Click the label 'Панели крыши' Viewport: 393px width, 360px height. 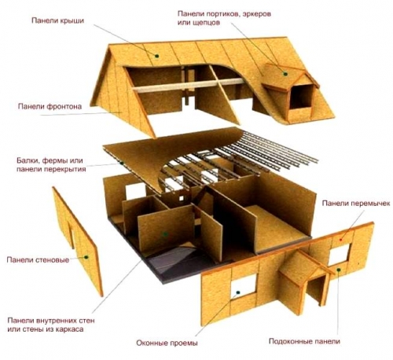57,20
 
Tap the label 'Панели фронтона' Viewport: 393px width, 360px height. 50,106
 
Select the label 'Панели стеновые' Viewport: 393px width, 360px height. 38,260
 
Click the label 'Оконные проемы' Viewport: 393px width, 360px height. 167,343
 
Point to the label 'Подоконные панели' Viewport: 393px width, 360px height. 304,341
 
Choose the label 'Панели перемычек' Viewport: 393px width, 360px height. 356,204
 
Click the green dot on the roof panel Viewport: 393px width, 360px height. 157,56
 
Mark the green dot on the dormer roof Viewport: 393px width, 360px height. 285,74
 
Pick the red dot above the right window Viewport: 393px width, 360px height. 341,240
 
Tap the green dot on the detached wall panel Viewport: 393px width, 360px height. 86,257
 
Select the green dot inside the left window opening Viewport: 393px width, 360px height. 238,292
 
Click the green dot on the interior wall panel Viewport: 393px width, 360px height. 165,234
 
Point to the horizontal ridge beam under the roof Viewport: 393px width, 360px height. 189,85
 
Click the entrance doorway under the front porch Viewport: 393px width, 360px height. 317,289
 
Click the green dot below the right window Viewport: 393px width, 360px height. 339,270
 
